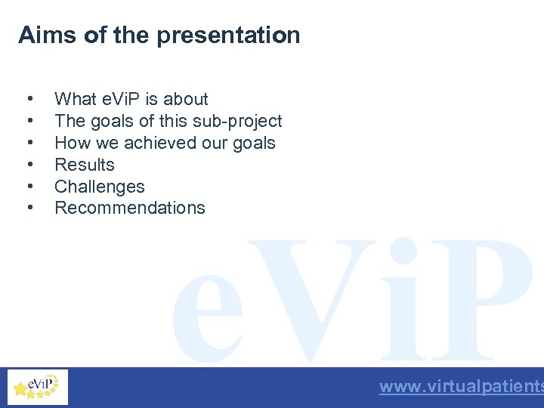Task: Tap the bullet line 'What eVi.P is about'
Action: pos(131,99)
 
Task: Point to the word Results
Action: pos(85,165)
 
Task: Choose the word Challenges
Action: pos(100,187)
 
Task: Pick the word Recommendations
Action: pos(130,208)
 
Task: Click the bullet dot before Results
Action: pos(29,165)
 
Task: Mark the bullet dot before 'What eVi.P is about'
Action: pos(29,99)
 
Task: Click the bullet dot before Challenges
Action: pos(29,187)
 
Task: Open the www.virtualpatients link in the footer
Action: pos(461,387)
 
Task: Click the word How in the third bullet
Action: pos(70,143)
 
